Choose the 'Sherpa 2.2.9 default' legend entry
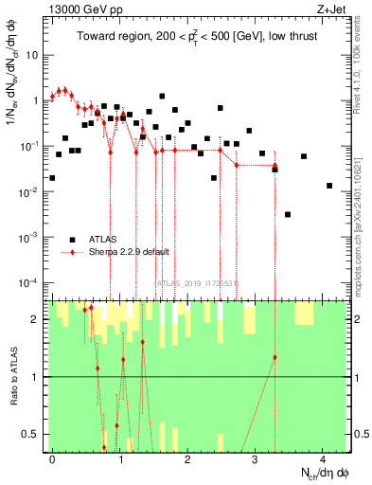tap(130, 252)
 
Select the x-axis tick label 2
tap(188, 459)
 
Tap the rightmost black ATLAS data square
tap(329, 186)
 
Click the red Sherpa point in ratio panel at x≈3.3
tap(275, 357)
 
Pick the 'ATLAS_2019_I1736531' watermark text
tap(197, 282)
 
